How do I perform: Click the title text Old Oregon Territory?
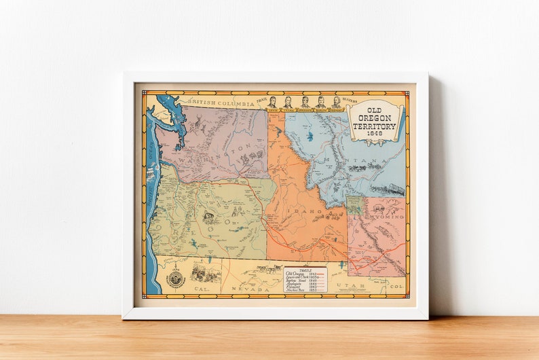374,118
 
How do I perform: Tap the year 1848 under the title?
375,134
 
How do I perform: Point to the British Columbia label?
221,103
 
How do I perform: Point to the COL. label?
397,287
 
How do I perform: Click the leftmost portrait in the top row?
272,102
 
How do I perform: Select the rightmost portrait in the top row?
336,102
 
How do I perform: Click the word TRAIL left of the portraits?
261,99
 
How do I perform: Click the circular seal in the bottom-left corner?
175,278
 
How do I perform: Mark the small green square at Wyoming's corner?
354,204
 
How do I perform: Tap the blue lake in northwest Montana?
310,137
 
